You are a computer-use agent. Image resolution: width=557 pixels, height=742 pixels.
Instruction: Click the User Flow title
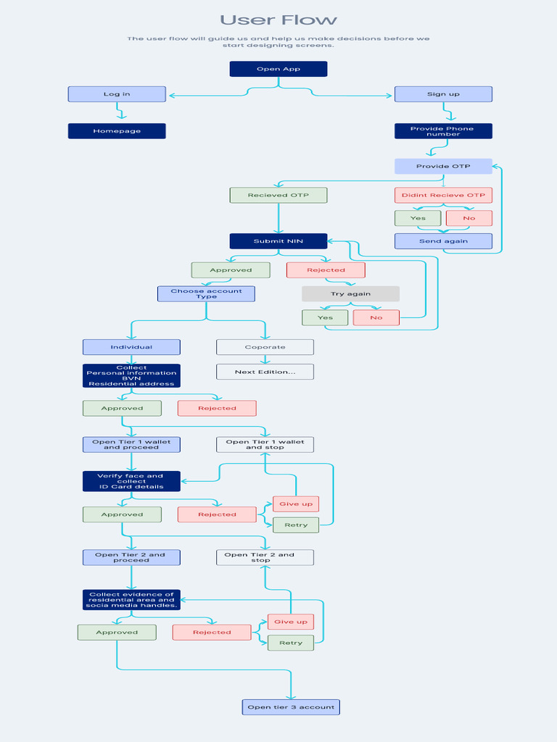[278, 20]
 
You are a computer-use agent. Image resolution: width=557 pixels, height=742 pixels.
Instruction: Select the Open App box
[278, 69]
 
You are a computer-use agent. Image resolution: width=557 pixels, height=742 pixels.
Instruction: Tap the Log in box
[117, 94]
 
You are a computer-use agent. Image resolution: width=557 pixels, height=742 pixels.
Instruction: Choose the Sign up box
[443, 94]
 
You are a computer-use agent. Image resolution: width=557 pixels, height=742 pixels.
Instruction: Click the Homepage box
[117, 131]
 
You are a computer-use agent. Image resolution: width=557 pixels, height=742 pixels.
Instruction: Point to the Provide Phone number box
[443, 131]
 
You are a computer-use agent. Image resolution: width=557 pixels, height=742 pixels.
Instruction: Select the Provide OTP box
[443, 166]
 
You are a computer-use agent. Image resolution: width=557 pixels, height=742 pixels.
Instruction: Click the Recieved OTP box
[278, 195]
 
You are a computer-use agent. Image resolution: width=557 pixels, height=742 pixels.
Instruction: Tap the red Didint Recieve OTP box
[443, 195]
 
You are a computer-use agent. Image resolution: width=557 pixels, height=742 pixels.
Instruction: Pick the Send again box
[443, 241]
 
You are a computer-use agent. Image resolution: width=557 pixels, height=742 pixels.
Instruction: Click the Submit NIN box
[278, 241]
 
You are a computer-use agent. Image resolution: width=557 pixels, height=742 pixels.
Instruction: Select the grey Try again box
[351, 294]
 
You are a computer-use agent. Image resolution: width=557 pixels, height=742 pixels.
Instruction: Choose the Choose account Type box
[207, 294]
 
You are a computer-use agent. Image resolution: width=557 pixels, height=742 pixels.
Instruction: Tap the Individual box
[131, 347]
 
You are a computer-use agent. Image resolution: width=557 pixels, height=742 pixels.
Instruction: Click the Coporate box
[265, 347]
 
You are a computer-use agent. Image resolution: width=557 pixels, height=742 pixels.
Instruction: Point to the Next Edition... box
[265, 372]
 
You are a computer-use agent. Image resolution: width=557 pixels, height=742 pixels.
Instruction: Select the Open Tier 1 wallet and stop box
[265, 445]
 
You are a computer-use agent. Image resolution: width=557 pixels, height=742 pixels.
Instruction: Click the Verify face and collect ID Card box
[131, 481]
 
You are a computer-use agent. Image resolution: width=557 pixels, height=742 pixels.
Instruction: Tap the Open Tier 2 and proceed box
[131, 557]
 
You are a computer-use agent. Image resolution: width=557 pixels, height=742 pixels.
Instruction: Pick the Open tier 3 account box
[291, 707]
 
